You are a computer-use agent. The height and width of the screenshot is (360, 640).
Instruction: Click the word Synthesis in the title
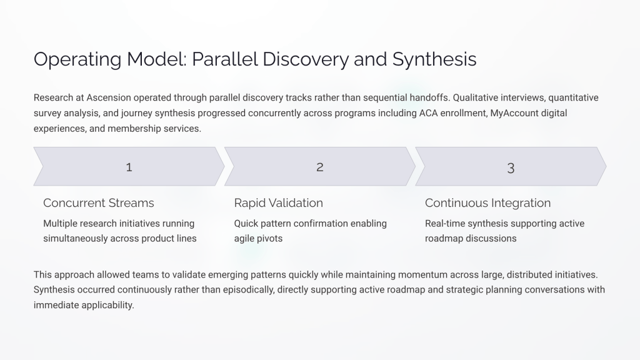434,59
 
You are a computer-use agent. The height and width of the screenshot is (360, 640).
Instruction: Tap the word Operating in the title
72,59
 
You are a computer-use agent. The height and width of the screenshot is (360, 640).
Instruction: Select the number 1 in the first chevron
129,167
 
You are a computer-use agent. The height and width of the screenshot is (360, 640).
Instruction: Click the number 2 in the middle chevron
320,167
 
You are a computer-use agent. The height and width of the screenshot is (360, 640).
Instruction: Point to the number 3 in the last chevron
511,167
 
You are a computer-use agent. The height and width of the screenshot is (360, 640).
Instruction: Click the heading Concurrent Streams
98,202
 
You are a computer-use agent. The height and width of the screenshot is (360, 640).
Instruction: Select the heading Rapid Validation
278,202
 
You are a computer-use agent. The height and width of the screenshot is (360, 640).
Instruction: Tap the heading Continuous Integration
487,202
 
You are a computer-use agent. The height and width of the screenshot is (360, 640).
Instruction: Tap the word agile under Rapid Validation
245,238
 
